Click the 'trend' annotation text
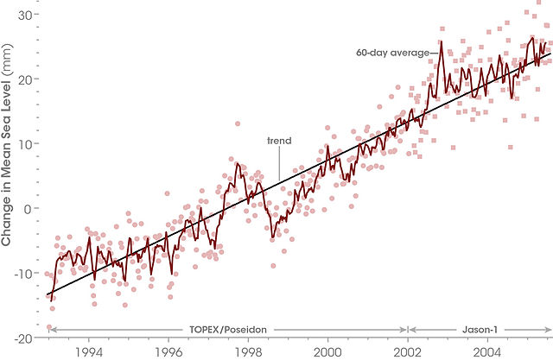tap(279, 140)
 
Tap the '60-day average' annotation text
tap(391, 53)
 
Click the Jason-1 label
tap(480, 330)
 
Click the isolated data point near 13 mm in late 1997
tap(237, 123)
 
